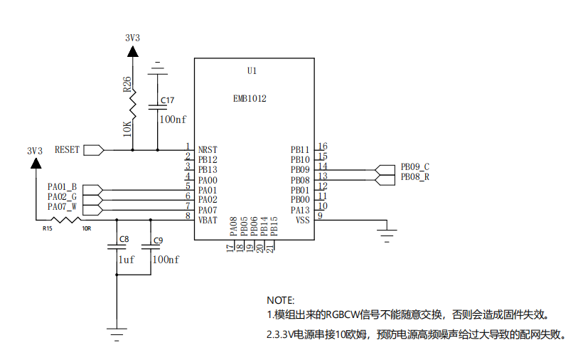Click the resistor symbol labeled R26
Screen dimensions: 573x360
pyautogui.click(x=133, y=104)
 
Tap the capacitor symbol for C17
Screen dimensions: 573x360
pyautogui.click(x=158, y=107)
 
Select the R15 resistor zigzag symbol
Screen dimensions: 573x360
pyautogui.click(x=66, y=220)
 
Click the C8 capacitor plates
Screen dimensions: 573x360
pyautogui.click(x=117, y=247)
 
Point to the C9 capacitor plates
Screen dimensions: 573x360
pyautogui.click(x=151, y=247)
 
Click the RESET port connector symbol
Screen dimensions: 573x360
pyautogui.click(x=94, y=150)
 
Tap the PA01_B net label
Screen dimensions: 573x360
pyautogui.click(x=62, y=187)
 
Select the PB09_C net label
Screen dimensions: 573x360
pyautogui.click(x=414, y=166)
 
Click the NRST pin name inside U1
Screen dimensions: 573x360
pyautogui.click(x=208, y=149)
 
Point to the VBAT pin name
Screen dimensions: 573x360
pyautogui.click(x=208, y=220)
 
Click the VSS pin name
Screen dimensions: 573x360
pyautogui.click(x=303, y=220)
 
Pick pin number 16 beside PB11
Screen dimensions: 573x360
pyautogui.click(x=322, y=147)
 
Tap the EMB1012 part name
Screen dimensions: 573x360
pyautogui.click(x=250, y=98)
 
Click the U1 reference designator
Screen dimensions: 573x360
pyautogui.click(x=252, y=70)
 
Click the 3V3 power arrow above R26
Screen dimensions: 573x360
pyautogui.click(x=133, y=52)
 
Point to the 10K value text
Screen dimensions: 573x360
pyautogui.click(x=127, y=129)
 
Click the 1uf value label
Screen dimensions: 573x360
pyautogui.click(x=126, y=260)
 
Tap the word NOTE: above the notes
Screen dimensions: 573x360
pyautogui.click(x=280, y=300)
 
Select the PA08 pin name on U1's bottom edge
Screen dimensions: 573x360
pyautogui.click(x=233, y=226)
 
